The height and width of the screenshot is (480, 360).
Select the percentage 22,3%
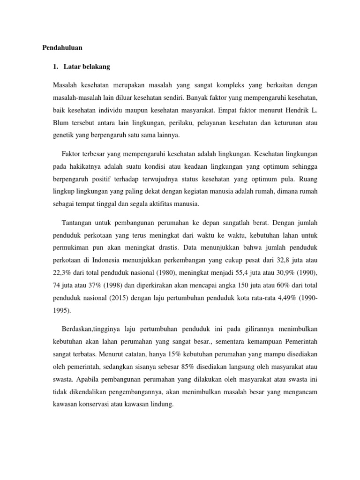[65, 272]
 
